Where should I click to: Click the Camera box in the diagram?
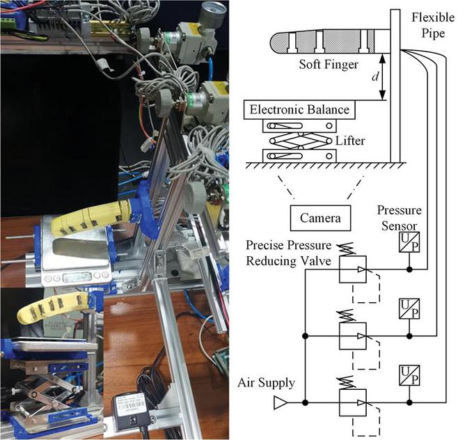point(321,219)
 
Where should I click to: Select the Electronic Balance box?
point(297,109)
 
